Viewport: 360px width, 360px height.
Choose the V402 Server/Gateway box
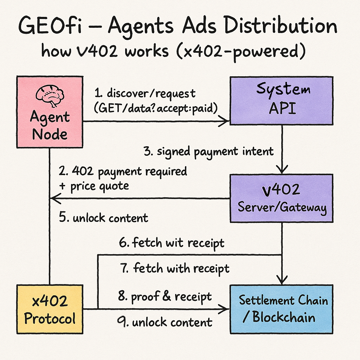pyautogui.click(x=281, y=198)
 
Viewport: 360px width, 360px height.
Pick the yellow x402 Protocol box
pyautogui.click(x=50, y=309)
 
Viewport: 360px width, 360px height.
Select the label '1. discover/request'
pyautogui.click(x=144, y=94)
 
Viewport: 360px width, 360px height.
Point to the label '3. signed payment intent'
pyautogui.click(x=208, y=152)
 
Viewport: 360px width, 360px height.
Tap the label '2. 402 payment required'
pyautogui.click(x=123, y=172)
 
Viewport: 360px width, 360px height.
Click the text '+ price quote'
pyautogui.click(x=94, y=186)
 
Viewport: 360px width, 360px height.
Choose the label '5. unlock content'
pyautogui.click(x=103, y=218)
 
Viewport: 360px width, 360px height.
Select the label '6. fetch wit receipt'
pyautogui.click(x=172, y=243)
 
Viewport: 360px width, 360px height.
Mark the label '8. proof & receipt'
pyautogui.click(x=165, y=297)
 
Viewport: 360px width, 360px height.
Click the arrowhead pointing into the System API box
pyautogui.click(x=224, y=122)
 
